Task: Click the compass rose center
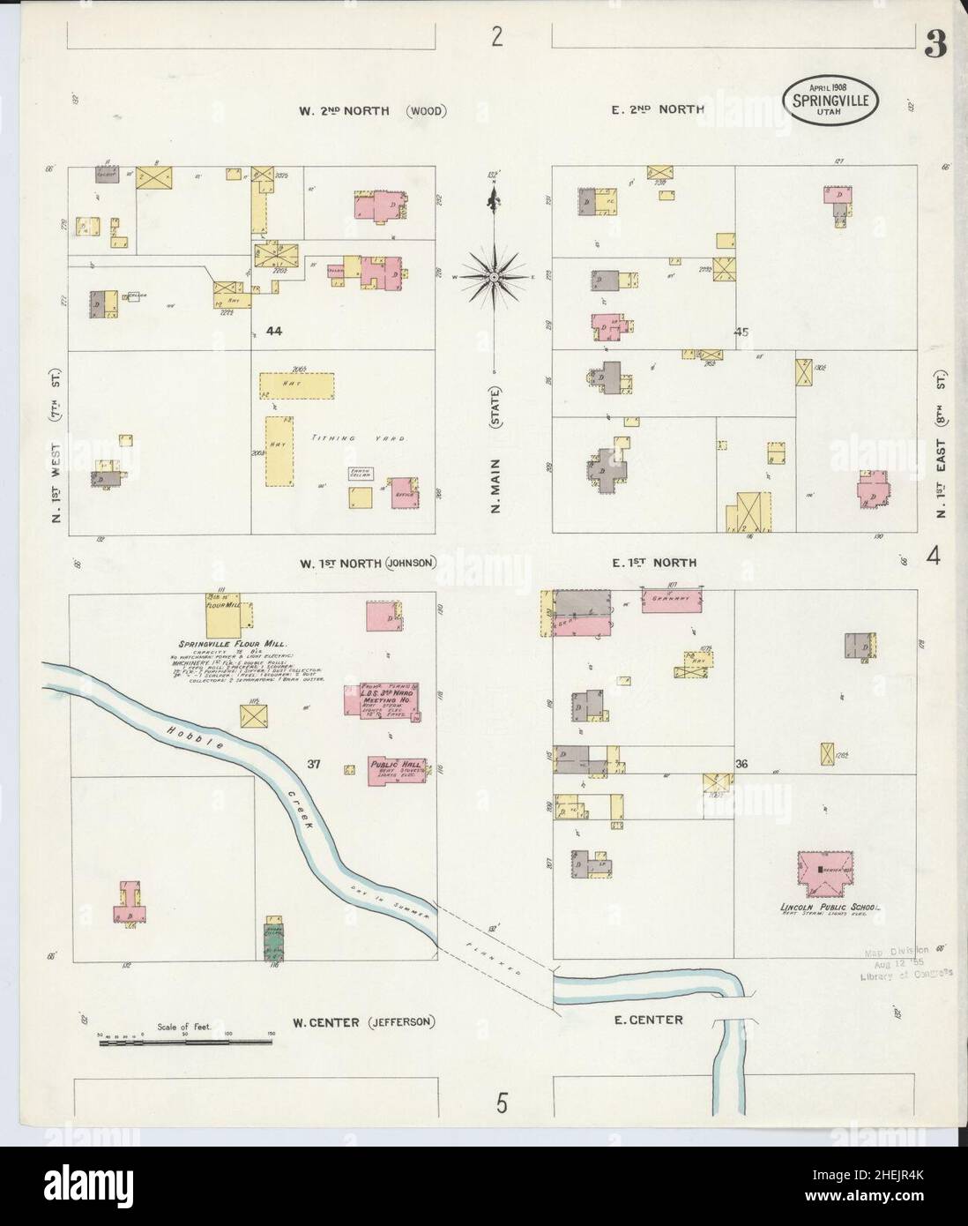(x=495, y=277)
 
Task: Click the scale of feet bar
(x=185, y=1043)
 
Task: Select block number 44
(x=273, y=332)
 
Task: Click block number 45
(x=741, y=333)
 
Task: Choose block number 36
(x=741, y=764)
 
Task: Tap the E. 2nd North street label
(x=654, y=110)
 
